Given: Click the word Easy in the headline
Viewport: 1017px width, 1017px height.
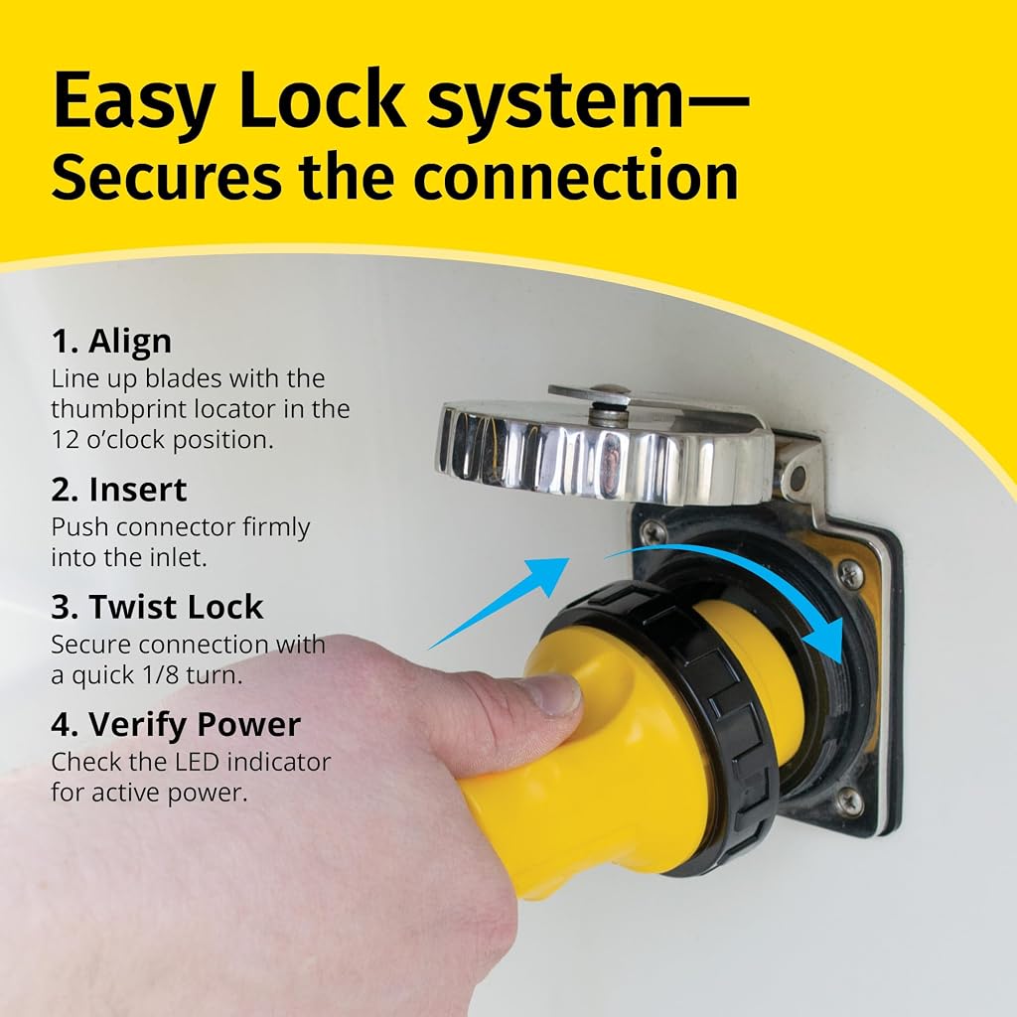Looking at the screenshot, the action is tap(135, 101).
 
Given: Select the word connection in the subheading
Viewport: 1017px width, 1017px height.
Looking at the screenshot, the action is tap(576, 177).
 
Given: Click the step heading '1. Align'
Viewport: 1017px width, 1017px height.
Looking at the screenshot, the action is tap(111, 342).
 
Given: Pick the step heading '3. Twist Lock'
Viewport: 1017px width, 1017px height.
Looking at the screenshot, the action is tap(158, 607).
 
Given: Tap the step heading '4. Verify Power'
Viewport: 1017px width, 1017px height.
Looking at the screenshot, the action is tap(177, 724).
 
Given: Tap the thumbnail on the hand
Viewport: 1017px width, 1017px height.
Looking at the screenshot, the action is tap(552, 695).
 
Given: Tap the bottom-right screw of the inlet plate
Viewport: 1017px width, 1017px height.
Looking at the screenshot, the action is tap(849, 802).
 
